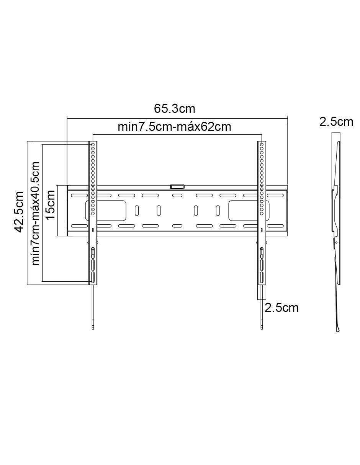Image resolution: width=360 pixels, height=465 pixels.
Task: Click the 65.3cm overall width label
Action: coord(174,109)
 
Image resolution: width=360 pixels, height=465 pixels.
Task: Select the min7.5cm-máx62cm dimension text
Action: coord(174,127)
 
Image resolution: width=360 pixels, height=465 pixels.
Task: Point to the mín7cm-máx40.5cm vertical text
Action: coord(35,213)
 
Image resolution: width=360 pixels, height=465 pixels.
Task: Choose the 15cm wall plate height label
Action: coord(51,204)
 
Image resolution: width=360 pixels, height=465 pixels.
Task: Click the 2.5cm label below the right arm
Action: coord(281,308)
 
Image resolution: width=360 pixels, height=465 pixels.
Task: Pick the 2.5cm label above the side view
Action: coord(336,122)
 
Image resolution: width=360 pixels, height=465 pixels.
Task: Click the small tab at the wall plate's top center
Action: coord(177,187)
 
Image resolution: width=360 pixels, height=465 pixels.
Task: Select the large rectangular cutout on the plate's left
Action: coord(106,210)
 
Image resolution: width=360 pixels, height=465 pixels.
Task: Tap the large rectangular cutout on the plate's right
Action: coord(249,210)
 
